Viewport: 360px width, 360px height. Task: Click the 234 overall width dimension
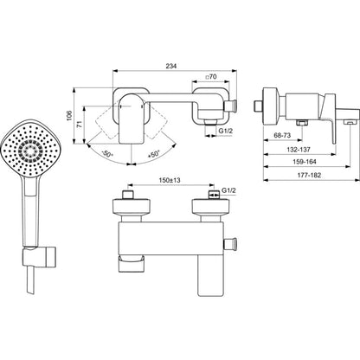(x=170, y=66)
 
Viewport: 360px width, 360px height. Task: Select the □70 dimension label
(x=210, y=77)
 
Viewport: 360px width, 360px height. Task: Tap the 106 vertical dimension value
(x=69, y=116)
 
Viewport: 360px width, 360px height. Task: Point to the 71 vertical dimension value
(x=80, y=125)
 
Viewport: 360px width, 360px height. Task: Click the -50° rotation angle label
(x=107, y=154)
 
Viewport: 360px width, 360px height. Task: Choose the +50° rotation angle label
(x=154, y=154)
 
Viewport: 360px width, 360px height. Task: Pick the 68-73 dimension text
(x=282, y=135)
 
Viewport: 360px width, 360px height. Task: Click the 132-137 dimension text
(x=299, y=150)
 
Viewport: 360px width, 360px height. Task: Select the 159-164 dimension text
(x=305, y=162)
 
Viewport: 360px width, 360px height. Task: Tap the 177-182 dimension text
(x=309, y=175)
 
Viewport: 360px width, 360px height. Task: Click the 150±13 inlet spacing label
(x=170, y=180)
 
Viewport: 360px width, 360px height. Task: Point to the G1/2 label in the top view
(x=225, y=131)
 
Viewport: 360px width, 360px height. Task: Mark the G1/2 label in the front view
(x=228, y=190)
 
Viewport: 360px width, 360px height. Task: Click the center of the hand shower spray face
(x=30, y=150)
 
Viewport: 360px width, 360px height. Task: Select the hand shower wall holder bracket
(x=40, y=256)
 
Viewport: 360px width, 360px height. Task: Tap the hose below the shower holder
(x=30, y=280)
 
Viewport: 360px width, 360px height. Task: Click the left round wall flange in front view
(x=132, y=207)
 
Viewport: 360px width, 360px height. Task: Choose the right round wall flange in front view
(x=211, y=207)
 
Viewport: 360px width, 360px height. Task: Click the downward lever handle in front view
(x=211, y=275)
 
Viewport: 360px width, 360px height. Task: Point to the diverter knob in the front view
(x=231, y=244)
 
